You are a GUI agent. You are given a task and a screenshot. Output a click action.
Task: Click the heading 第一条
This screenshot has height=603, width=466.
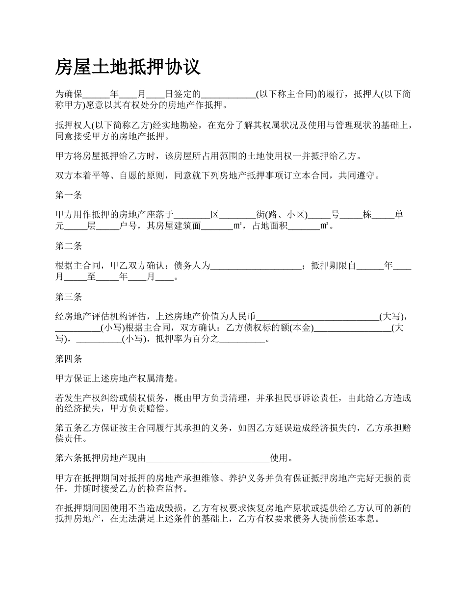pos(69,195)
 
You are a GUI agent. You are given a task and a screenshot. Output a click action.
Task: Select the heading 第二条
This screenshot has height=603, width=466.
pos(69,246)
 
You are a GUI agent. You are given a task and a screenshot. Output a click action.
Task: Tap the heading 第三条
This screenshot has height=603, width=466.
pos(69,297)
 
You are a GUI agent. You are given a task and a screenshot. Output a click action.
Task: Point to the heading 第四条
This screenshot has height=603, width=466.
pos(69,359)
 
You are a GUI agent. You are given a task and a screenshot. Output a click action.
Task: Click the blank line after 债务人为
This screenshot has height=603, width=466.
pos(256,266)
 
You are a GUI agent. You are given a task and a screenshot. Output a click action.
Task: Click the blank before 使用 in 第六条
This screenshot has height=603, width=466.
pos(208,459)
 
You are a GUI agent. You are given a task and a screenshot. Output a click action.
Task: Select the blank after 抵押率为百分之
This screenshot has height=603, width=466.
pos(242,339)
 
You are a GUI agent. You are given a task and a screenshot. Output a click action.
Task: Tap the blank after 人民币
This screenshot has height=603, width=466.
pos(318,317)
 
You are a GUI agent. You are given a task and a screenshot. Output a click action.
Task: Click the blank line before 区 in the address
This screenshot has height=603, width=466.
pos(192,215)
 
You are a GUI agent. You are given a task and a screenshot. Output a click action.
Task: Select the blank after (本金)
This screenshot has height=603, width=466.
pos(352,328)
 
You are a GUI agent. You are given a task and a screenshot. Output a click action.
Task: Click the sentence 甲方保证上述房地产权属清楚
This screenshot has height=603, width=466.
pos(116,378)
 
